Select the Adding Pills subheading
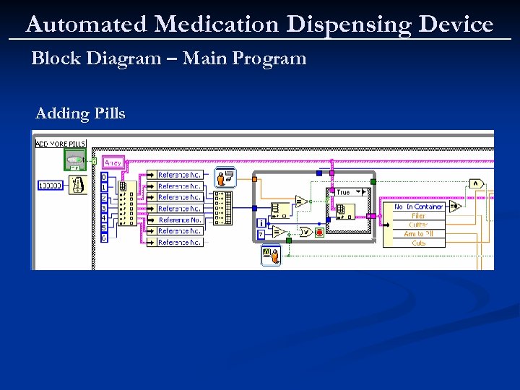80,113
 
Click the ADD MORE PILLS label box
61,144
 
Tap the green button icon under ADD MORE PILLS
74,160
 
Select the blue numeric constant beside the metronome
51,186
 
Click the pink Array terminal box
114,163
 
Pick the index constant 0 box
104,177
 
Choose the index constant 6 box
104,238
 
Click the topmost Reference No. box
179,175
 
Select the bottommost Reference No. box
179,243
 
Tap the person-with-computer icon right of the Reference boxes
225,177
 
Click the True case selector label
343,192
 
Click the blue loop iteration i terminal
261,222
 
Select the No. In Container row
418,207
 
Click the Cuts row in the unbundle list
418,243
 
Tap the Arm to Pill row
418,234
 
